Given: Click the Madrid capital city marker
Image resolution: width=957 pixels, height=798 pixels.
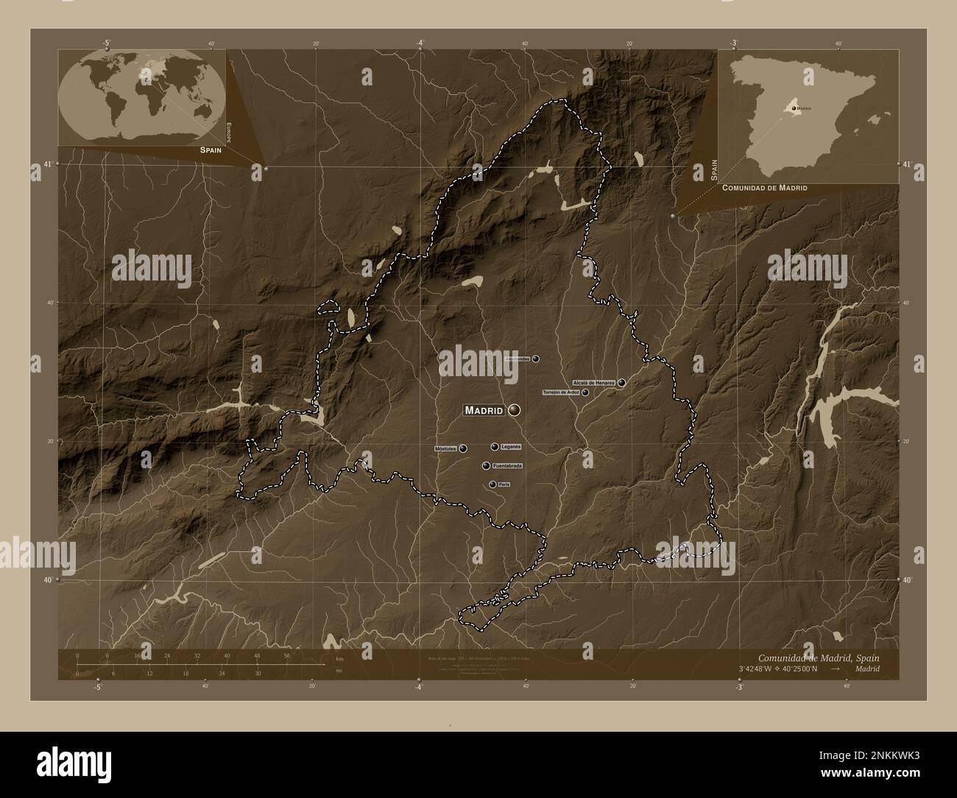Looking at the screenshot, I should (x=513, y=410).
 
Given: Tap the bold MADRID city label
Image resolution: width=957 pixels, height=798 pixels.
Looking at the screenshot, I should (x=484, y=410).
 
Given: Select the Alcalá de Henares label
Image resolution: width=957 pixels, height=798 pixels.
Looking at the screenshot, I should (x=593, y=383).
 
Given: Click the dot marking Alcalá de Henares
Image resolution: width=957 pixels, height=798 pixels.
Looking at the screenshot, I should (x=622, y=383).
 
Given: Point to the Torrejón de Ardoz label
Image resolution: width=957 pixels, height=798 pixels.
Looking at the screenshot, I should (x=561, y=392).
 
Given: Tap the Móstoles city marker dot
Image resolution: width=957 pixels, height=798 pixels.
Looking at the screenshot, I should (x=463, y=448).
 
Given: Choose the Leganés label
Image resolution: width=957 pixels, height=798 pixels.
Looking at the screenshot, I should (x=511, y=447).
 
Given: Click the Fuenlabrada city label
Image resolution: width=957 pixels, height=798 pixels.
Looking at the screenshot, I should (x=508, y=466).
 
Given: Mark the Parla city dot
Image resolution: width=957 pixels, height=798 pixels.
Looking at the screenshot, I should (x=492, y=484).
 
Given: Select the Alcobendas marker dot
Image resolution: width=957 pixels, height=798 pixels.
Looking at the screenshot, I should (x=536, y=359).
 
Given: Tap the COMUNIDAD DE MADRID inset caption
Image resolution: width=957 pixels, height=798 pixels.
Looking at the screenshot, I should (x=765, y=188).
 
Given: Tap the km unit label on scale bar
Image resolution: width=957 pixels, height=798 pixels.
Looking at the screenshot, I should (x=339, y=659).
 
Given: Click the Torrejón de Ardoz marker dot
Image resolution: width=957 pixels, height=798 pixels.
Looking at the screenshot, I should (x=585, y=392).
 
